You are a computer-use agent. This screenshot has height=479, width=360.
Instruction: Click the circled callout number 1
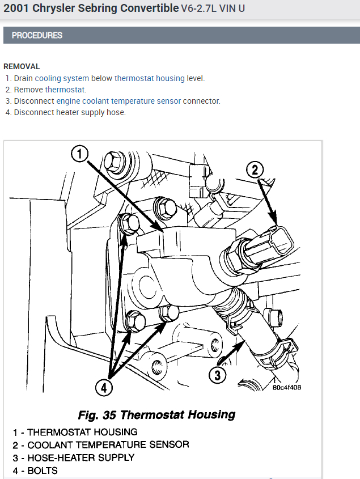pos(80,154)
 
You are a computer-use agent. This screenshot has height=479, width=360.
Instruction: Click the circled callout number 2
pos(255,169)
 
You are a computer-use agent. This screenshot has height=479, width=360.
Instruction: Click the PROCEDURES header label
pos(37,35)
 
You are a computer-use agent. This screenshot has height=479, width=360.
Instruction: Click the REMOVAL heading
pos(22,66)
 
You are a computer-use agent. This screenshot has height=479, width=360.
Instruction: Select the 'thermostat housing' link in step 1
pos(149,78)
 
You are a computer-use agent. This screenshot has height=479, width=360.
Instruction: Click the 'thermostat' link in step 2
pos(65,90)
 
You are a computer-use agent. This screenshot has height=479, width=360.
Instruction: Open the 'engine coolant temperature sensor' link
pos(118,101)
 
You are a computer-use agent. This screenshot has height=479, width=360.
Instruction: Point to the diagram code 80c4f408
pos(286,388)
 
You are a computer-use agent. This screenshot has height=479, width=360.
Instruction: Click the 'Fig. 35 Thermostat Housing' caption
pos(156,414)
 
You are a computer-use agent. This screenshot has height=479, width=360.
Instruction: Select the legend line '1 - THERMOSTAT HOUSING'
pos(75,432)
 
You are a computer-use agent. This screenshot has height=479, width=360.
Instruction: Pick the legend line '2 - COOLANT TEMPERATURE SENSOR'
pos(101,444)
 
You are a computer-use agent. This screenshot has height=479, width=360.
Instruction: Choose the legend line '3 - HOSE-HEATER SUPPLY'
pos(74,457)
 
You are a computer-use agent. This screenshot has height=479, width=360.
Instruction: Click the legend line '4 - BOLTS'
pos(35,470)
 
